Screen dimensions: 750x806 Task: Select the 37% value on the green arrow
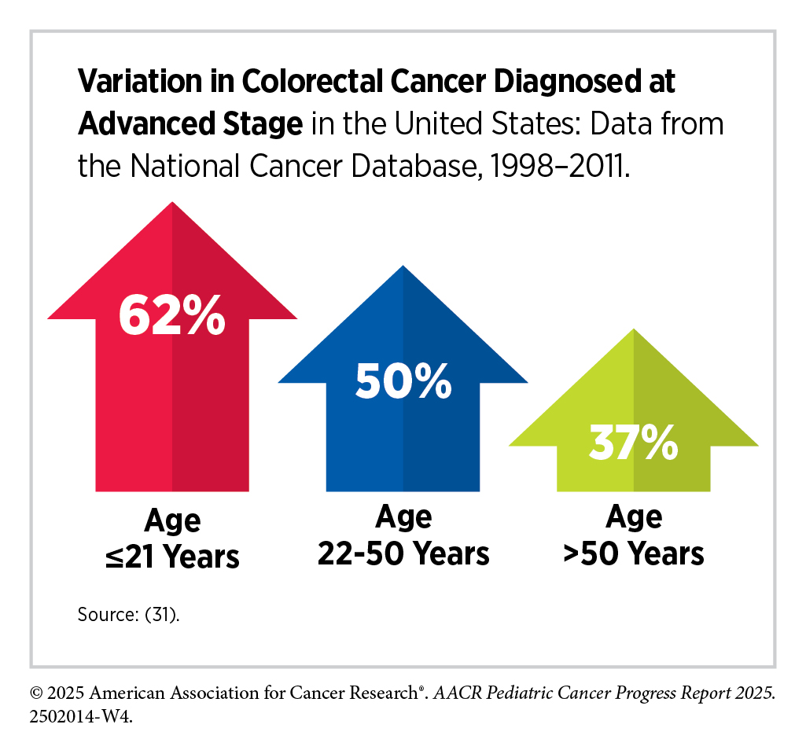pyautogui.click(x=634, y=444)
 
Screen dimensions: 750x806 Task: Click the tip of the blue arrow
pyautogui.click(x=403, y=267)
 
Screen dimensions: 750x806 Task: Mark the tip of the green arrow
pyautogui.click(x=634, y=331)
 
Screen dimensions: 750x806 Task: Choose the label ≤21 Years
pyautogui.click(x=172, y=557)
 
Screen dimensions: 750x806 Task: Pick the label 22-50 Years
pyautogui.click(x=403, y=553)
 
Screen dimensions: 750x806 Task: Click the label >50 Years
pyautogui.click(x=634, y=553)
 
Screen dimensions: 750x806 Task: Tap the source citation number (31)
pyautogui.click(x=162, y=614)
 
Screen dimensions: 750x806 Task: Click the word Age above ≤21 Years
pyautogui.click(x=172, y=521)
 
